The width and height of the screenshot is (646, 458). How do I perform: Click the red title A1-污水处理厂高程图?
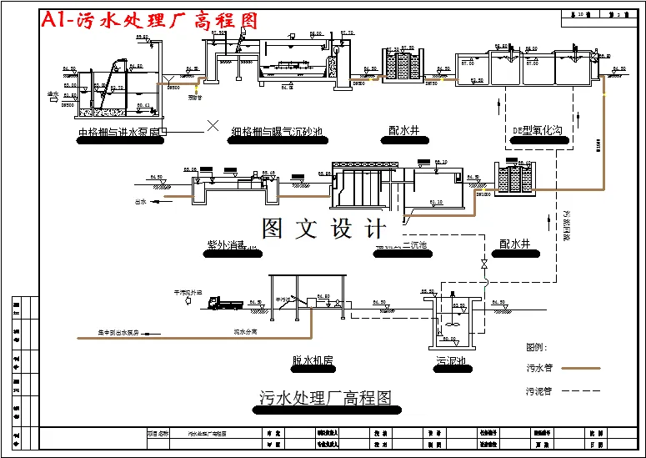click(149, 21)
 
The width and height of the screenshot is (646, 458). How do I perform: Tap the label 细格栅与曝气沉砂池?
click(276, 131)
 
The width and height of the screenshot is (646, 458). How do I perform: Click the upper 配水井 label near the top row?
click(406, 130)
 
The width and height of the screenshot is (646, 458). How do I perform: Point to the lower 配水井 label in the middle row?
click(514, 244)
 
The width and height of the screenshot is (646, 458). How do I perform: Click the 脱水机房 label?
click(313, 360)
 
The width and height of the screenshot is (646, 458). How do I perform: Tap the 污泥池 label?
click(450, 361)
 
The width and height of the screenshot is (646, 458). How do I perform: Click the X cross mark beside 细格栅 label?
click(213, 126)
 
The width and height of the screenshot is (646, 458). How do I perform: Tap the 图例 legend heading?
click(536, 346)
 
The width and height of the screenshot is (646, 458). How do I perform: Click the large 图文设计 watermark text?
click(324, 229)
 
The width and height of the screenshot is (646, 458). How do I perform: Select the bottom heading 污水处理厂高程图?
click(325, 398)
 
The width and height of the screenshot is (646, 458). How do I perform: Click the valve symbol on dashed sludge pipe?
click(483, 264)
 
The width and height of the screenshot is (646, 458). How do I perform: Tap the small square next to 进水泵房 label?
click(164, 131)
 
